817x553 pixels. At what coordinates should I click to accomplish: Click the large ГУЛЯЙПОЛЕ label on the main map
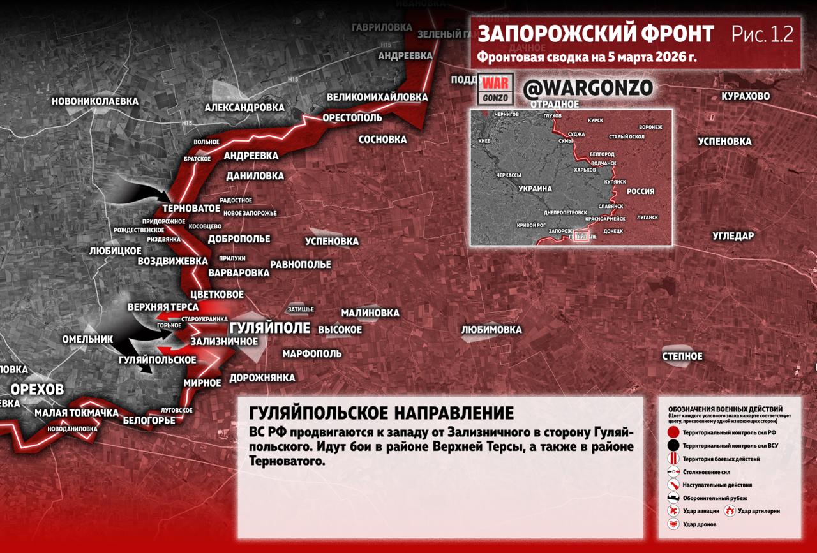coord(269,328)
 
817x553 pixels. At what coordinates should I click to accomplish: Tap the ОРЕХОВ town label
coord(37,390)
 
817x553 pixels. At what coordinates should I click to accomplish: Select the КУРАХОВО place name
coord(745,96)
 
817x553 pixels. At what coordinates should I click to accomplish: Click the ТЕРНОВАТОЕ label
coord(191,209)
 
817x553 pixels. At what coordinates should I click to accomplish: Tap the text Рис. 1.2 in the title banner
coord(762,34)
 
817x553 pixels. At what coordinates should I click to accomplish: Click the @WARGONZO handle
coord(588,89)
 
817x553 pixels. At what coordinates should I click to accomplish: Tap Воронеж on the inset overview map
coord(650,127)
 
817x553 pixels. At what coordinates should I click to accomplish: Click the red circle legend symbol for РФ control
coord(673,432)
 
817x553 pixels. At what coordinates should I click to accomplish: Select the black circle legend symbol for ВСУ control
coord(673,446)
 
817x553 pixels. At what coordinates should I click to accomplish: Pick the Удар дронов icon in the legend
coord(673,524)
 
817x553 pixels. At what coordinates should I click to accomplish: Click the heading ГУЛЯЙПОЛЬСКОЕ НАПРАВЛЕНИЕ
coord(381,412)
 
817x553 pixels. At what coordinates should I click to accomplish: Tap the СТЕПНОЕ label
coord(682,356)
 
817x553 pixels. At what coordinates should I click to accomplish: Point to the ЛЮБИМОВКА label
coord(491,330)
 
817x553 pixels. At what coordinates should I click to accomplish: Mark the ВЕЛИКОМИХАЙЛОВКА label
coord(377,98)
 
